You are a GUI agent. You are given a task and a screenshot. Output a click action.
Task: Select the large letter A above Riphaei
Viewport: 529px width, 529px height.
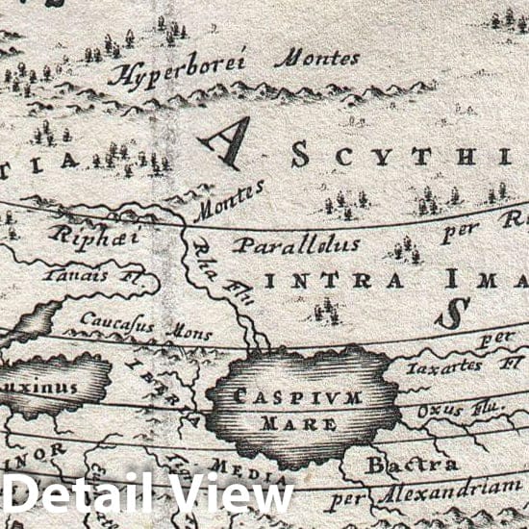coord(225,139)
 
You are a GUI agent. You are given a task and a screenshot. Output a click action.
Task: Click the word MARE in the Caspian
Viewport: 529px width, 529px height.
coord(302,422)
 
